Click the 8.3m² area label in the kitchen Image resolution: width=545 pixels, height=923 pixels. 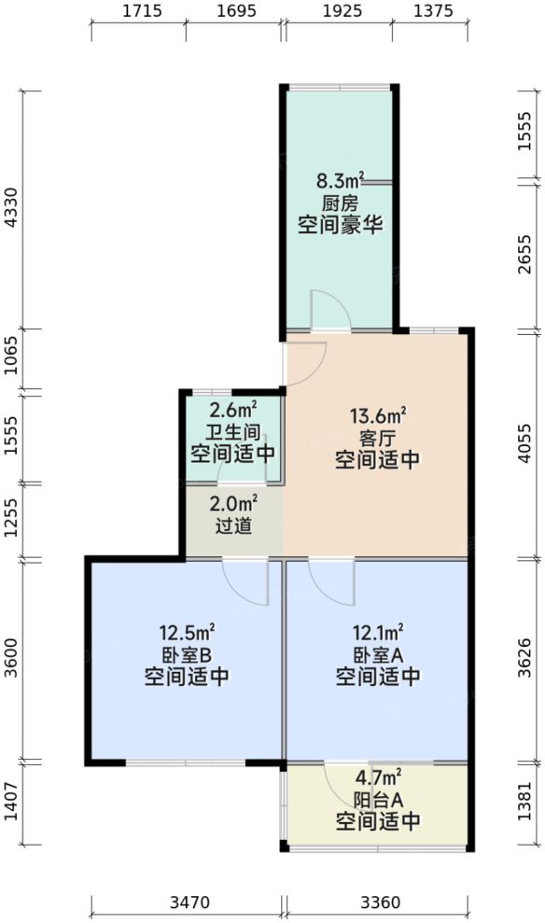(341, 181)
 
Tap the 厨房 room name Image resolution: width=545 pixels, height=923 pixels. (341, 203)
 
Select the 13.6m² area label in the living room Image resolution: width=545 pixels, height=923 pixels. (377, 416)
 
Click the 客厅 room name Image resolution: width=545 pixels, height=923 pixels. (377, 438)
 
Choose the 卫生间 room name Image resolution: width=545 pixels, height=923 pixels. (232, 432)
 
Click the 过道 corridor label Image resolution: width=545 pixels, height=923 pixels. (233, 526)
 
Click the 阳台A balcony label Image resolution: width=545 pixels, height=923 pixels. (377, 799)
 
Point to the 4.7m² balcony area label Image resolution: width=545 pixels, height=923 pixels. (377, 776)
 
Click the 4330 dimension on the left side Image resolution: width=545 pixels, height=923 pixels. (12, 210)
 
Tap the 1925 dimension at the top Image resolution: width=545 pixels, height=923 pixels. (342, 12)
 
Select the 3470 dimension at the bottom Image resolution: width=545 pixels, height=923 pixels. (188, 902)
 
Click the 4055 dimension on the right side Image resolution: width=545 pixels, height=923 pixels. (528, 444)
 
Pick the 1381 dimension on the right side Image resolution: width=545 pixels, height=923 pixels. (528, 804)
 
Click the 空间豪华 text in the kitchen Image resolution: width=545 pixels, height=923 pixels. (341, 225)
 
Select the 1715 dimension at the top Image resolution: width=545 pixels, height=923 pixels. (138, 12)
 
